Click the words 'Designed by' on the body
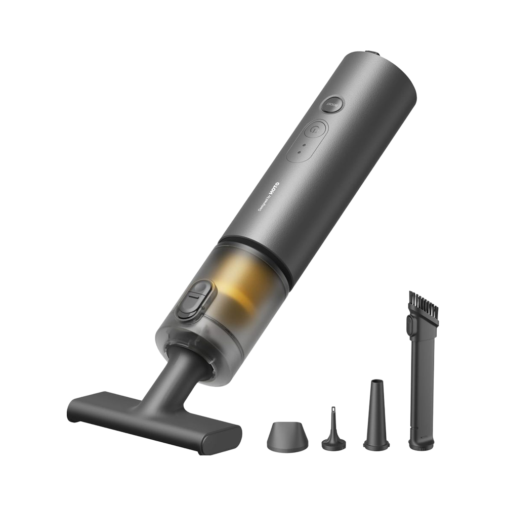(264, 203)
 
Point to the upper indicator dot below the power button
(304, 144)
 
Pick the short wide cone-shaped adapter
(287, 434)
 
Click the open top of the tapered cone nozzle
(375, 382)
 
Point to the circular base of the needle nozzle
(333, 443)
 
